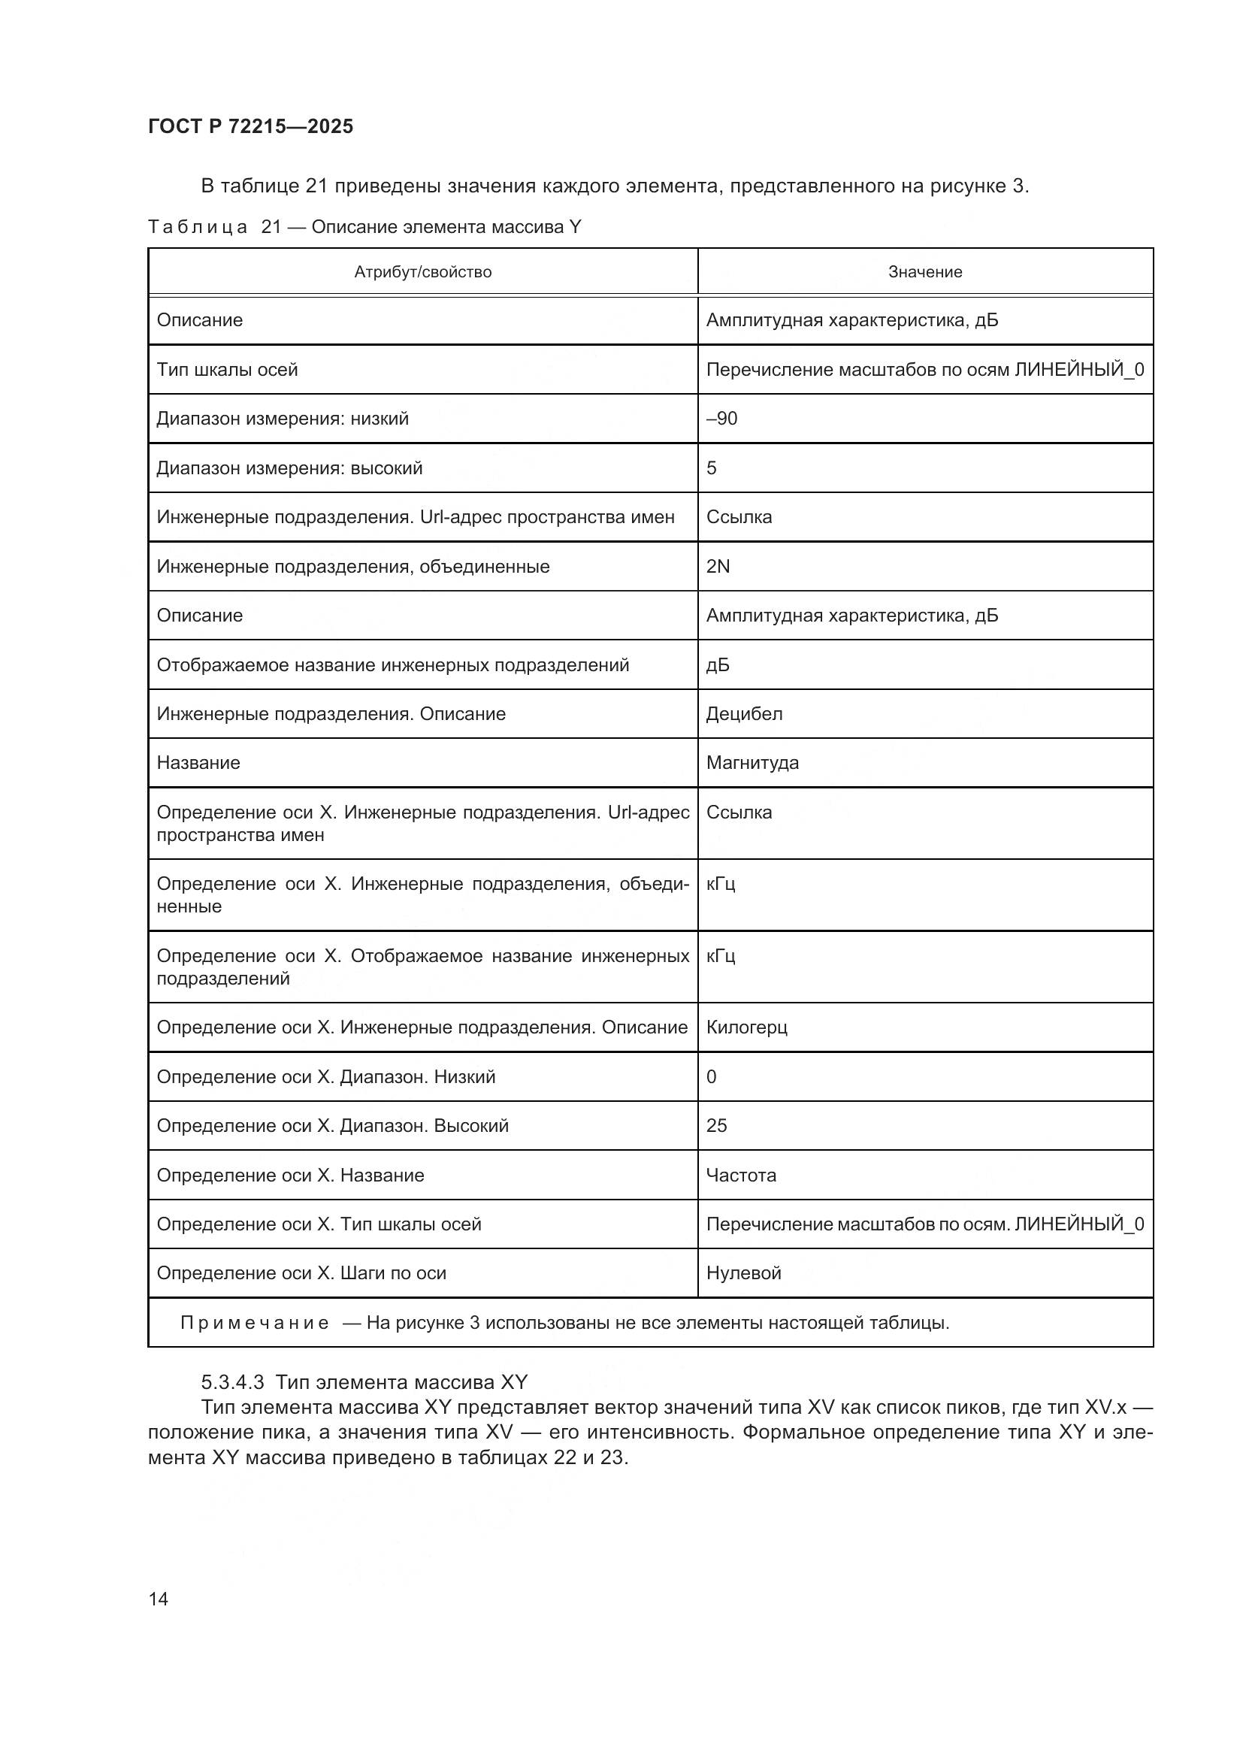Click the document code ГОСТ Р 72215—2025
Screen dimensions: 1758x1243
250,126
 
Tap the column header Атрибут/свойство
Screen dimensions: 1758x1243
422,272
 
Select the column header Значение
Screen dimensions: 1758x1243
924,272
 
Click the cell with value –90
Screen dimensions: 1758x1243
721,419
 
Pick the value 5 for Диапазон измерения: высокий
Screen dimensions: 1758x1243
712,467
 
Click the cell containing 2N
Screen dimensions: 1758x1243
718,567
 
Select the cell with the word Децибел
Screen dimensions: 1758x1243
744,713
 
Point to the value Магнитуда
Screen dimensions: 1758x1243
752,763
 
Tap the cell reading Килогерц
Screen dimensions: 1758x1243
746,1027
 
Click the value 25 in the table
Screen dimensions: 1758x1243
716,1126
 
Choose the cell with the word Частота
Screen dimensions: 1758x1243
741,1176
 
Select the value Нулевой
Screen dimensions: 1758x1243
743,1273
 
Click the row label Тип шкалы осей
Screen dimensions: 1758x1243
227,370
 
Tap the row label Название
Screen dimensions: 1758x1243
198,763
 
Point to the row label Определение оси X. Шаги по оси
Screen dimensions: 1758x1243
301,1273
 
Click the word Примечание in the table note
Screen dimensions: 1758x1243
255,1323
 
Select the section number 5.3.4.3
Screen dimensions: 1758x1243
233,1382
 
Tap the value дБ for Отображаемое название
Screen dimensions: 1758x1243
718,664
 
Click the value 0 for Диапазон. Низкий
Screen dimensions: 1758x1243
712,1076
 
